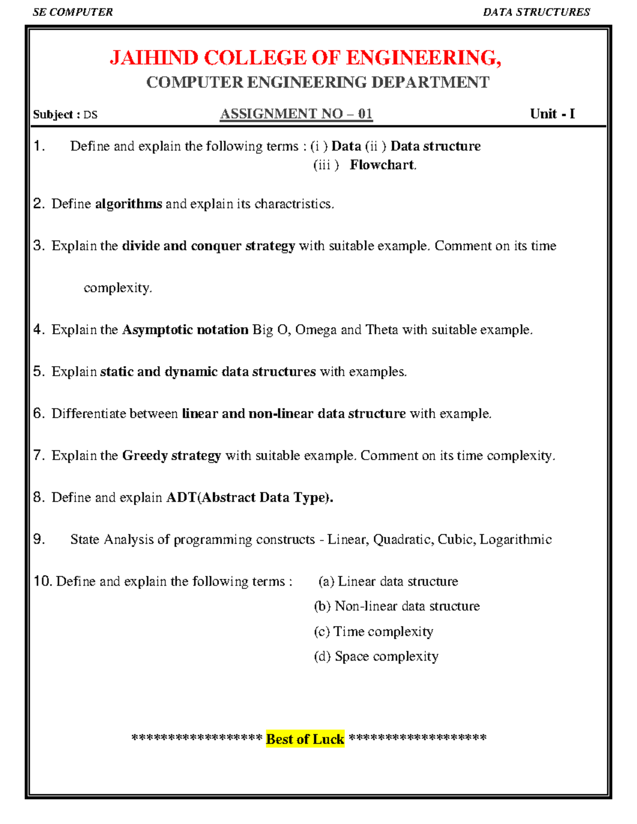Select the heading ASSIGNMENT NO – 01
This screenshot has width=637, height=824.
coord(296,114)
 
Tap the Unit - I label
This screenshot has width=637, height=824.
coord(552,114)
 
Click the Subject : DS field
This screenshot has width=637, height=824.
coord(65,115)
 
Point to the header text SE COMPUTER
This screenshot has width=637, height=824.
coord(73,12)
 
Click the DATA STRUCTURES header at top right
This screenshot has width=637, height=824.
coord(536,12)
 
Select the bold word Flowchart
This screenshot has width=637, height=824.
coord(382,165)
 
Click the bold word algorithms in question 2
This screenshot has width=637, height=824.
coord(128,204)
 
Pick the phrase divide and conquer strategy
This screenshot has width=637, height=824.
coord(208,246)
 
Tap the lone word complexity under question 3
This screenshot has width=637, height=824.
coord(117,288)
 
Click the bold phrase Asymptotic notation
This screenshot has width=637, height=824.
coord(185,329)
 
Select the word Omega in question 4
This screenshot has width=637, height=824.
coord(315,329)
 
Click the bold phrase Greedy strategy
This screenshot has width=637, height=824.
coord(171,455)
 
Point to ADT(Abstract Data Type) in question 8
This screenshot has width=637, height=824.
coord(249,497)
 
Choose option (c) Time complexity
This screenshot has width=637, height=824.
coord(374,631)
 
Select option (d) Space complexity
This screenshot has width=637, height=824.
coord(376,656)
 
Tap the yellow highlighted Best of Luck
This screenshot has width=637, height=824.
coord(305,739)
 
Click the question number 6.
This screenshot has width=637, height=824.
coord(38,413)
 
